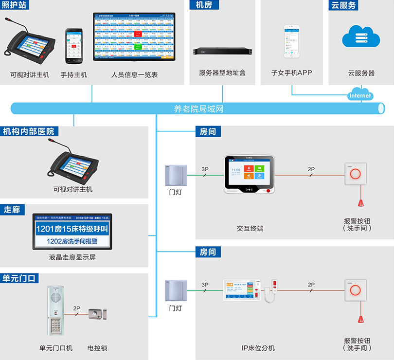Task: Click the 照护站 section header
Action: pyautogui.click(x=15, y=5)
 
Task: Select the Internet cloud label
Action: pyautogui.click(x=360, y=96)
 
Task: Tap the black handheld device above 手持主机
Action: pyautogui.click(x=74, y=46)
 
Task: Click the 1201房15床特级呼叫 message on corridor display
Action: pyautogui.click(x=72, y=229)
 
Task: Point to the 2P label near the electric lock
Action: pyautogui.click(x=76, y=308)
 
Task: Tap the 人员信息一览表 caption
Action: pyautogui.click(x=134, y=75)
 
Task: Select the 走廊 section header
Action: pyautogui.click(x=12, y=210)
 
